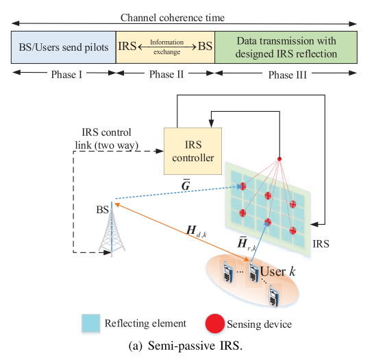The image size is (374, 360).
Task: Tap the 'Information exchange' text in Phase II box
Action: click(166, 47)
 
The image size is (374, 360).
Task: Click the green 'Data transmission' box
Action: click(286, 47)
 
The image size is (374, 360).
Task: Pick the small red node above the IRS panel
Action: click(279, 160)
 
